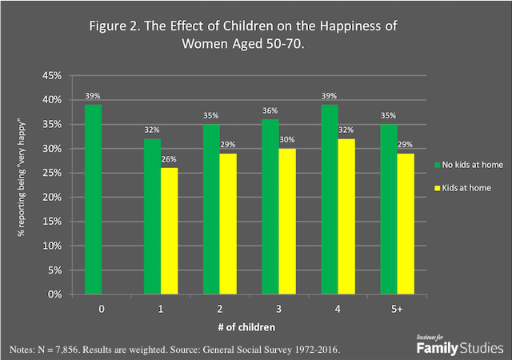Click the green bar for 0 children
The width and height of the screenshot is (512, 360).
click(x=94, y=199)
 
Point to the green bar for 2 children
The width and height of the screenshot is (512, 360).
click(x=210, y=210)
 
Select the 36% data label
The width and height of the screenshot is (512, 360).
click(x=270, y=111)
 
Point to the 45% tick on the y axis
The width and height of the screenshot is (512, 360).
click(x=51, y=76)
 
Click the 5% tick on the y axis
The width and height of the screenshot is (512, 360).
click(x=53, y=270)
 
